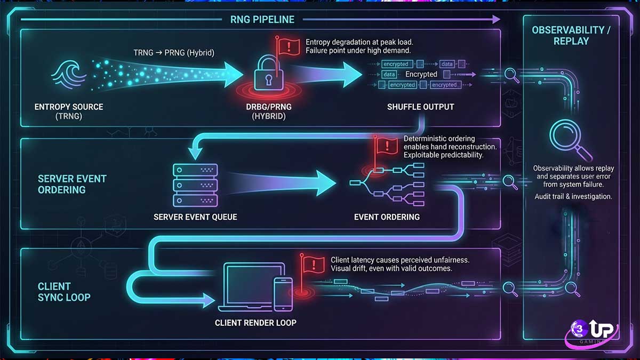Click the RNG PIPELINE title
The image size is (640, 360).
[x=262, y=20]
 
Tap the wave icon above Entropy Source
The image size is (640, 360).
[x=68, y=74]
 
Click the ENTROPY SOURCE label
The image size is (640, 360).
[x=69, y=107]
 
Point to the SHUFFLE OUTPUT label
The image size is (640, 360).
[x=420, y=107]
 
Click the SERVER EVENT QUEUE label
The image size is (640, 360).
[x=195, y=217]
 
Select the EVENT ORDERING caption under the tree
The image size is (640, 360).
[x=387, y=217]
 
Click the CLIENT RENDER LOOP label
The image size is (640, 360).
[x=255, y=323]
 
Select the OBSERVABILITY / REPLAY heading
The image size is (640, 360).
[x=571, y=35]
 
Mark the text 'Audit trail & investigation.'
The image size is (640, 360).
[x=573, y=197]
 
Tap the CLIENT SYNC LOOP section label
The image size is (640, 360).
[x=64, y=292]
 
